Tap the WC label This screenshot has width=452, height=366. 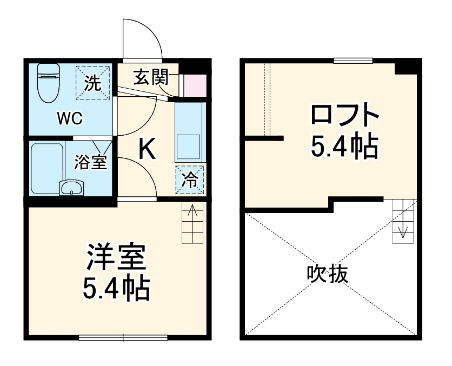coord(70,119)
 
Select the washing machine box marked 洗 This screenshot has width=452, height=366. coord(92,83)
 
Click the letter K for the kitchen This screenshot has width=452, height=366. coord(147,150)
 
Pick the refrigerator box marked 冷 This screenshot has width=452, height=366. coord(190,179)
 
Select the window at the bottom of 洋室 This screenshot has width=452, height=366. coord(123,338)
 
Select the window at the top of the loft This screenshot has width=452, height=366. coord(353,61)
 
